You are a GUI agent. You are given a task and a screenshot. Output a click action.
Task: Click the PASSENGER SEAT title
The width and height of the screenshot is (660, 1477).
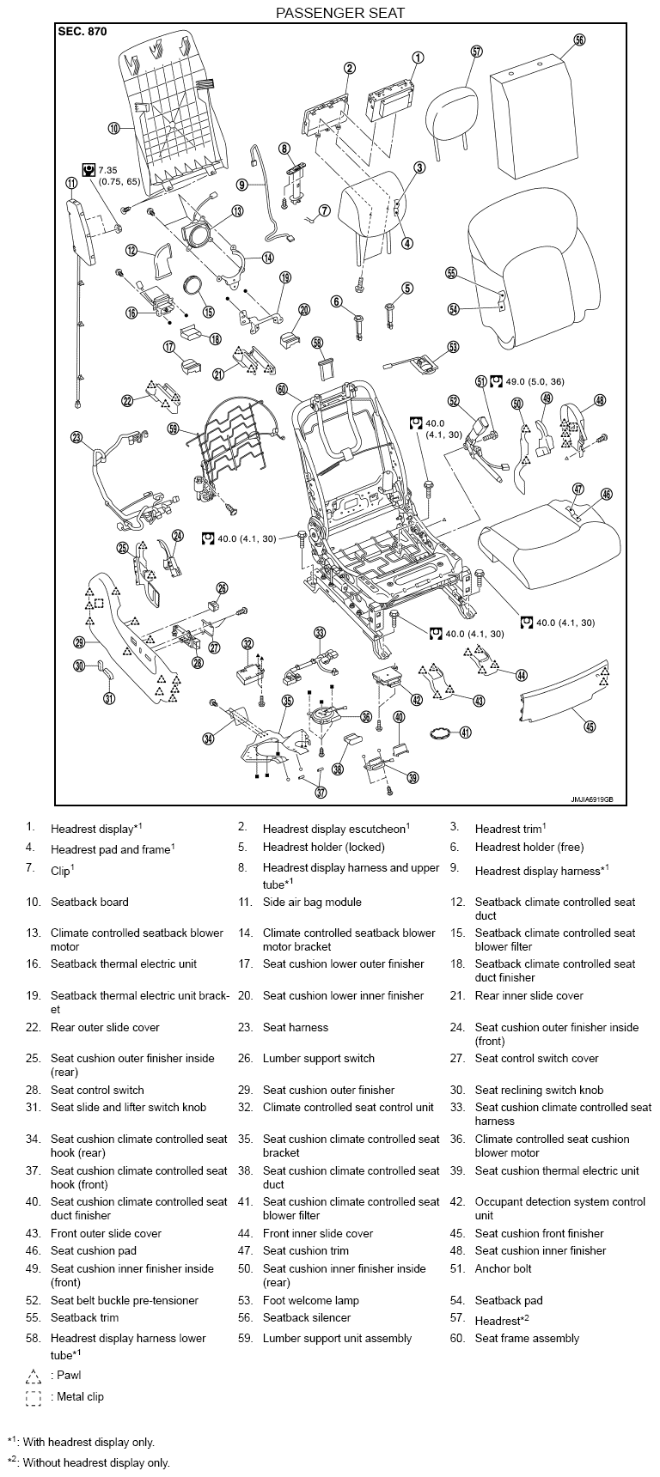[339, 13]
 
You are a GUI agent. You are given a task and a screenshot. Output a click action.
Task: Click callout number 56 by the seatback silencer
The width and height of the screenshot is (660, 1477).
[579, 40]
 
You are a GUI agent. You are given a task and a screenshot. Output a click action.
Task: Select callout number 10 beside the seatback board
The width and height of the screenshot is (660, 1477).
[113, 129]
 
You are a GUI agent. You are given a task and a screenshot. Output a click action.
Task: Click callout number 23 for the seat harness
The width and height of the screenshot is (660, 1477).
[77, 438]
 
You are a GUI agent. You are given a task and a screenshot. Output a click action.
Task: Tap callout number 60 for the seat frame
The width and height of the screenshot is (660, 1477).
[282, 388]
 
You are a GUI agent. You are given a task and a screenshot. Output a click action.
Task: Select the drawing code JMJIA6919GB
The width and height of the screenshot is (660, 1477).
[592, 799]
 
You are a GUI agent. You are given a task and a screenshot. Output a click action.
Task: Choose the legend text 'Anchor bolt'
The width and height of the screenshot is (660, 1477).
[504, 1269]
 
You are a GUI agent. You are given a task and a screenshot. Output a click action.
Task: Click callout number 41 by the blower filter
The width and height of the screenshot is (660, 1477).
[465, 732]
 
